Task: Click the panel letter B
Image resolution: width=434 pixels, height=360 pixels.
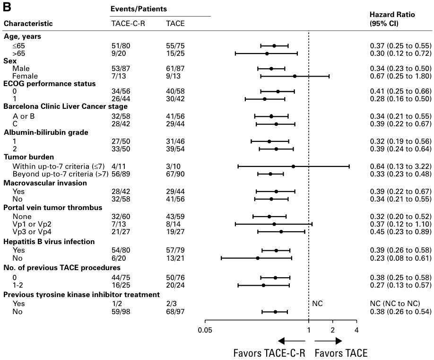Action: coord(9,6)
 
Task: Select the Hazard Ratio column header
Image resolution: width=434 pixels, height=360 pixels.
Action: coord(392,15)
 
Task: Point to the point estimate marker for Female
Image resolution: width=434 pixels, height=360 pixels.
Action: coord(295,76)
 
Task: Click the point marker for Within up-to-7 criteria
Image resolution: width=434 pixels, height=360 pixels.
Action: coord(293,166)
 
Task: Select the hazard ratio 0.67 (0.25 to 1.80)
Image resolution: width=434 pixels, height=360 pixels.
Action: coord(400,76)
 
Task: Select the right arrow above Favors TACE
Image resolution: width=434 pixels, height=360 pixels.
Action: coord(328,341)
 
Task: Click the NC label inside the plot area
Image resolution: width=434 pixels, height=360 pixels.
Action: coord(317,303)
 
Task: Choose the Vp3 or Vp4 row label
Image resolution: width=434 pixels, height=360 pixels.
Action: coord(34,231)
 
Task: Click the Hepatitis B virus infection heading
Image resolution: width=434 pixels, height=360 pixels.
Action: coord(49,241)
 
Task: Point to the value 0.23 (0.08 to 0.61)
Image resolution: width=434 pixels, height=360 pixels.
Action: coord(400,258)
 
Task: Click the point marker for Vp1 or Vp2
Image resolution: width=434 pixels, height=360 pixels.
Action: coord(274,223)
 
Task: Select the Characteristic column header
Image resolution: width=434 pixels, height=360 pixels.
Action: coord(28,23)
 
